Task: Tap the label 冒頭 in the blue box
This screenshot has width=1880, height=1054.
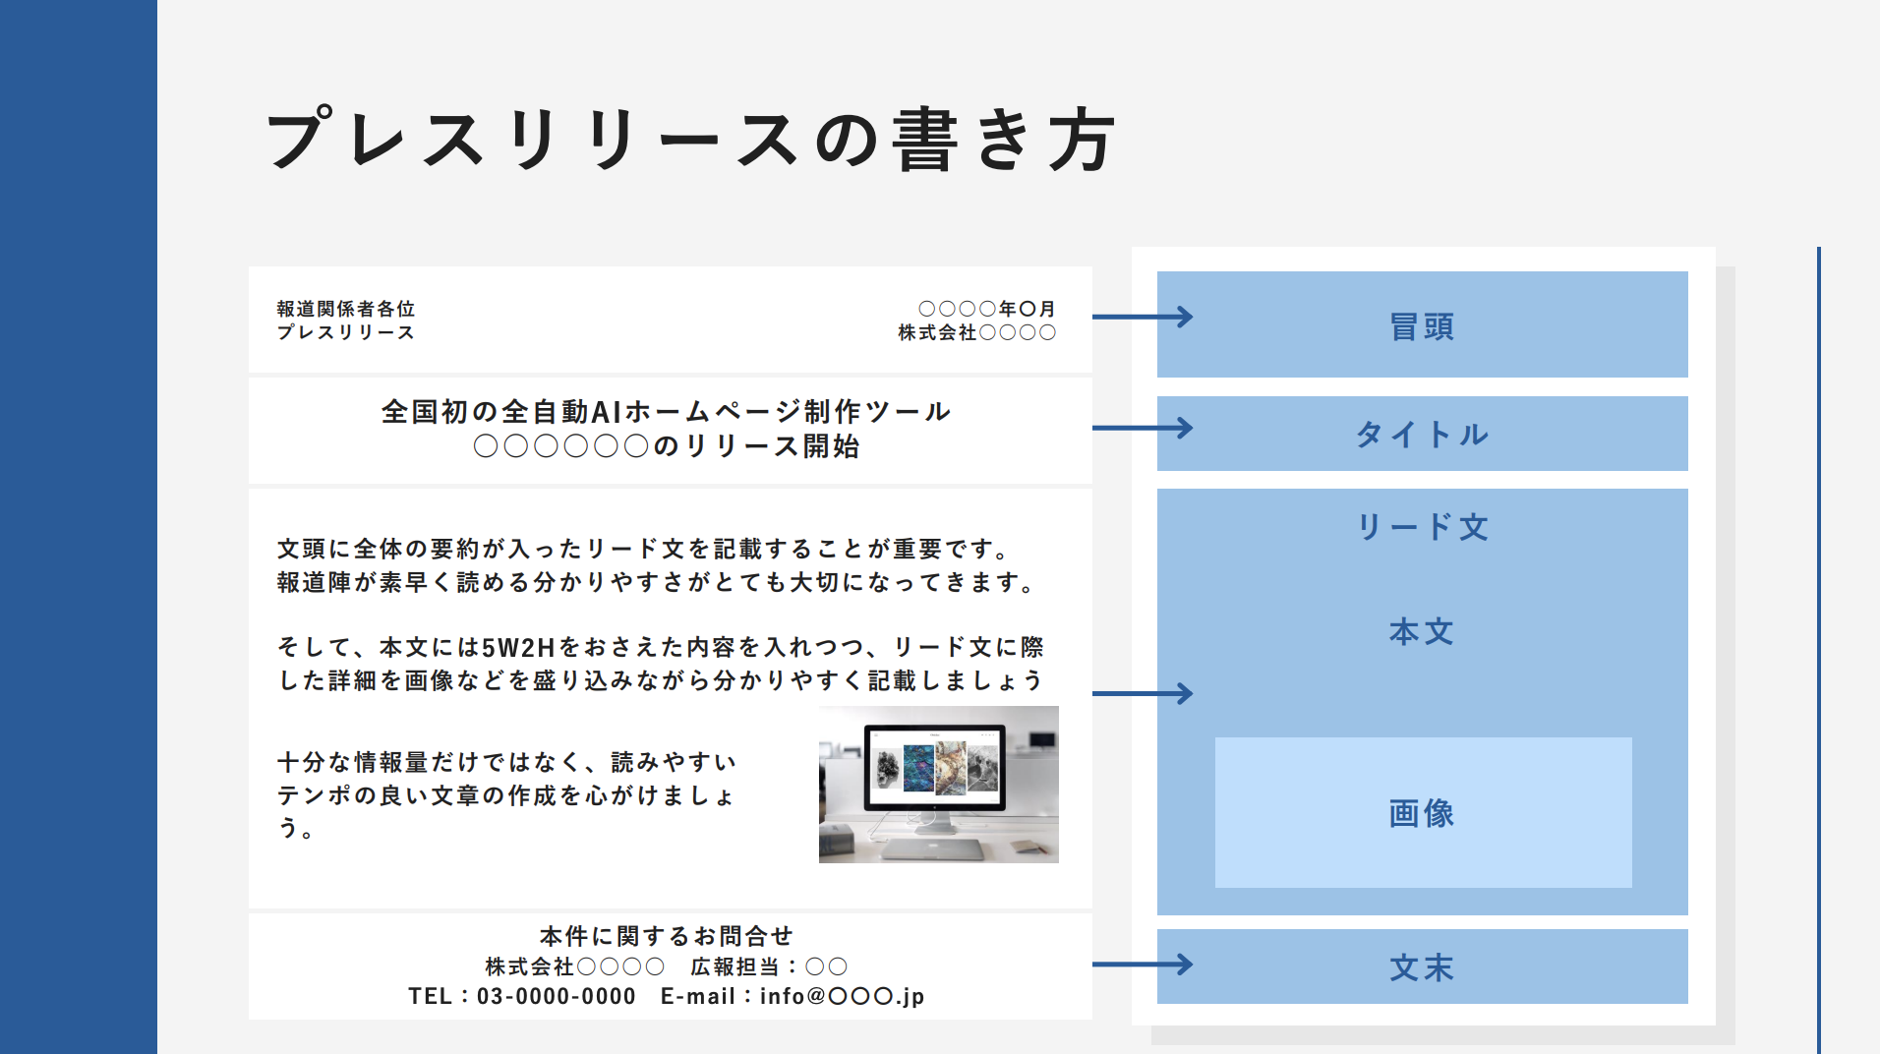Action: [x=1422, y=326]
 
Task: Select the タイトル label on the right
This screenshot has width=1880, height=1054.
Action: [x=1422, y=434]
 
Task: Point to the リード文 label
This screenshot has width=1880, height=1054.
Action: [x=1422, y=527]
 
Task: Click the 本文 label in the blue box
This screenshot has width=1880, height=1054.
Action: [x=1422, y=631]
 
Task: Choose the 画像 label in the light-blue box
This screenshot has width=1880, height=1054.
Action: [x=1422, y=813]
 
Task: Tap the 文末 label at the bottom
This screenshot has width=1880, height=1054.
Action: [x=1422, y=967]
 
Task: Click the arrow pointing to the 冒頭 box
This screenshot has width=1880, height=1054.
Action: [x=1143, y=317]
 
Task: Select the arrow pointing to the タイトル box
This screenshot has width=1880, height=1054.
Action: [x=1143, y=428]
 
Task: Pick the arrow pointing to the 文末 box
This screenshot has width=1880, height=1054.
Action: [x=1143, y=965]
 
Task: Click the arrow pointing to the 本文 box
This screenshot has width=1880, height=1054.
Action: [x=1143, y=693]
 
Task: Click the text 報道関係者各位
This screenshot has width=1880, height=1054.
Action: [x=346, y=309]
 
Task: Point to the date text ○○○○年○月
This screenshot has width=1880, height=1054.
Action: [x=986, y=309]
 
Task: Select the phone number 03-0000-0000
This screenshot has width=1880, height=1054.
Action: [x=557, y=996]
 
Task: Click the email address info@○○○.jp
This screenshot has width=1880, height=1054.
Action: [x=842, y=996]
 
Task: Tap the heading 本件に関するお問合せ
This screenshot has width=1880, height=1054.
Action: [x=667, y=935]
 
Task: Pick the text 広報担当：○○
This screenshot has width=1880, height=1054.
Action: [x=769, y=966]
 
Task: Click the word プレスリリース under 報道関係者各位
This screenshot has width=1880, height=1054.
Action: [x=346, y=332]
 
